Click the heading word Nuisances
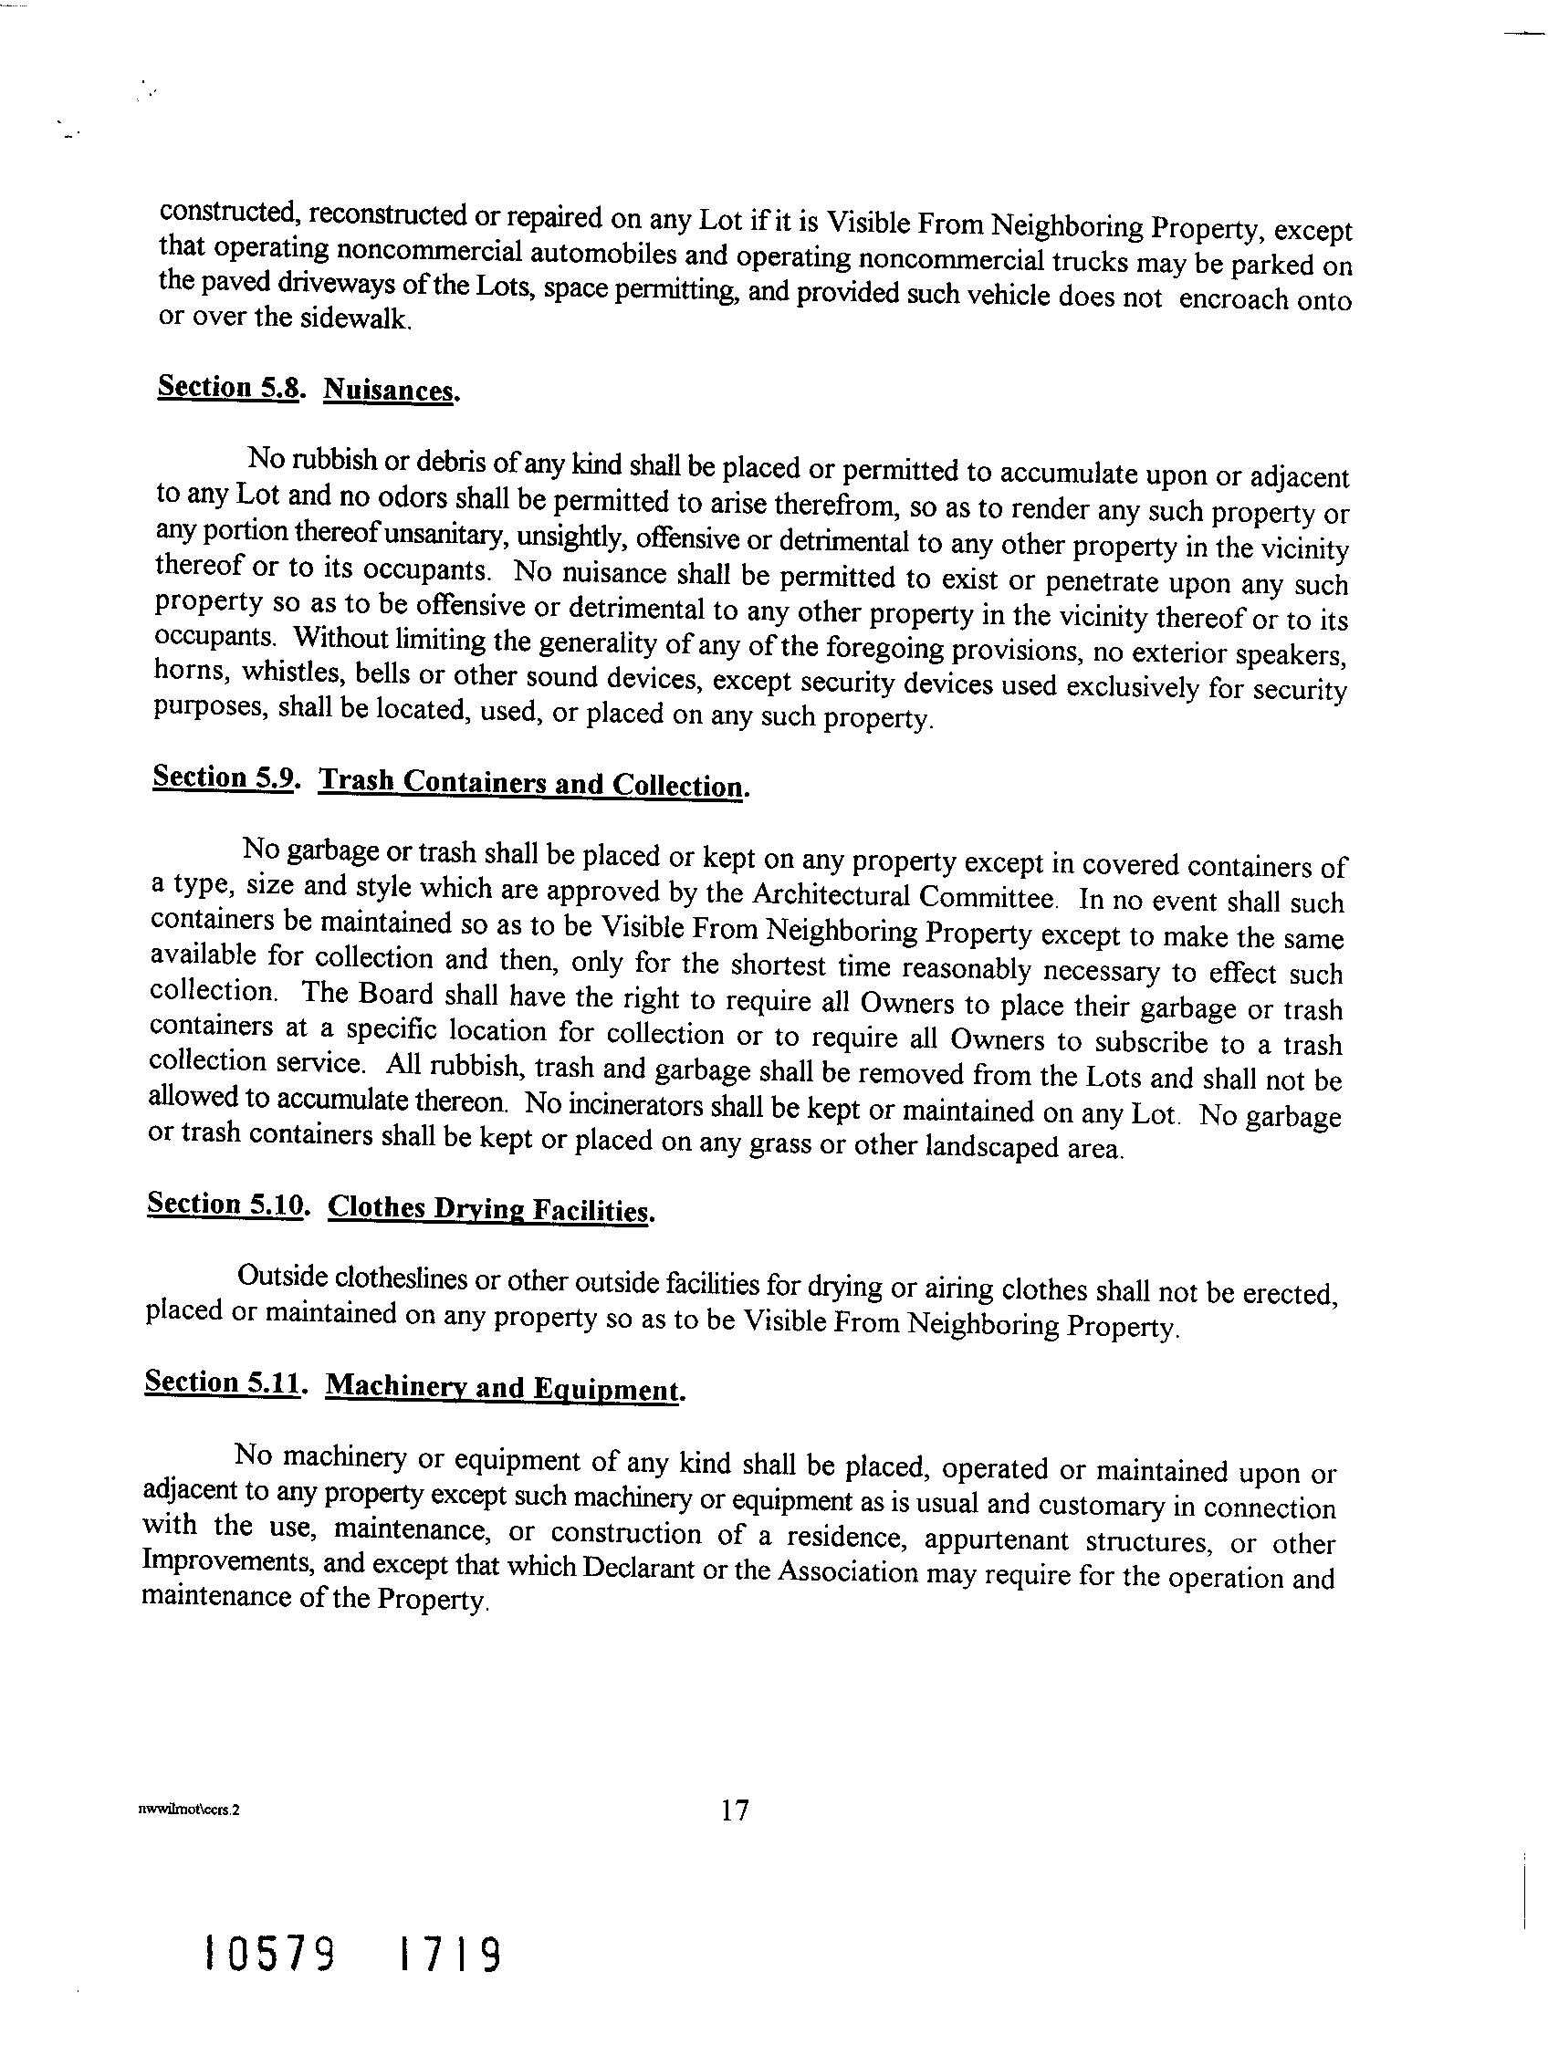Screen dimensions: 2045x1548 point(392,391)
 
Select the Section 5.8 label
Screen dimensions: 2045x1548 point(230,386)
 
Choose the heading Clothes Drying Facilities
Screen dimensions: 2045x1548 point(490,1209)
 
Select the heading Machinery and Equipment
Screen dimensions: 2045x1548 point(504,1388)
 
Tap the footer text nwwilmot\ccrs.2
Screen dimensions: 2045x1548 point(188,1812)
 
